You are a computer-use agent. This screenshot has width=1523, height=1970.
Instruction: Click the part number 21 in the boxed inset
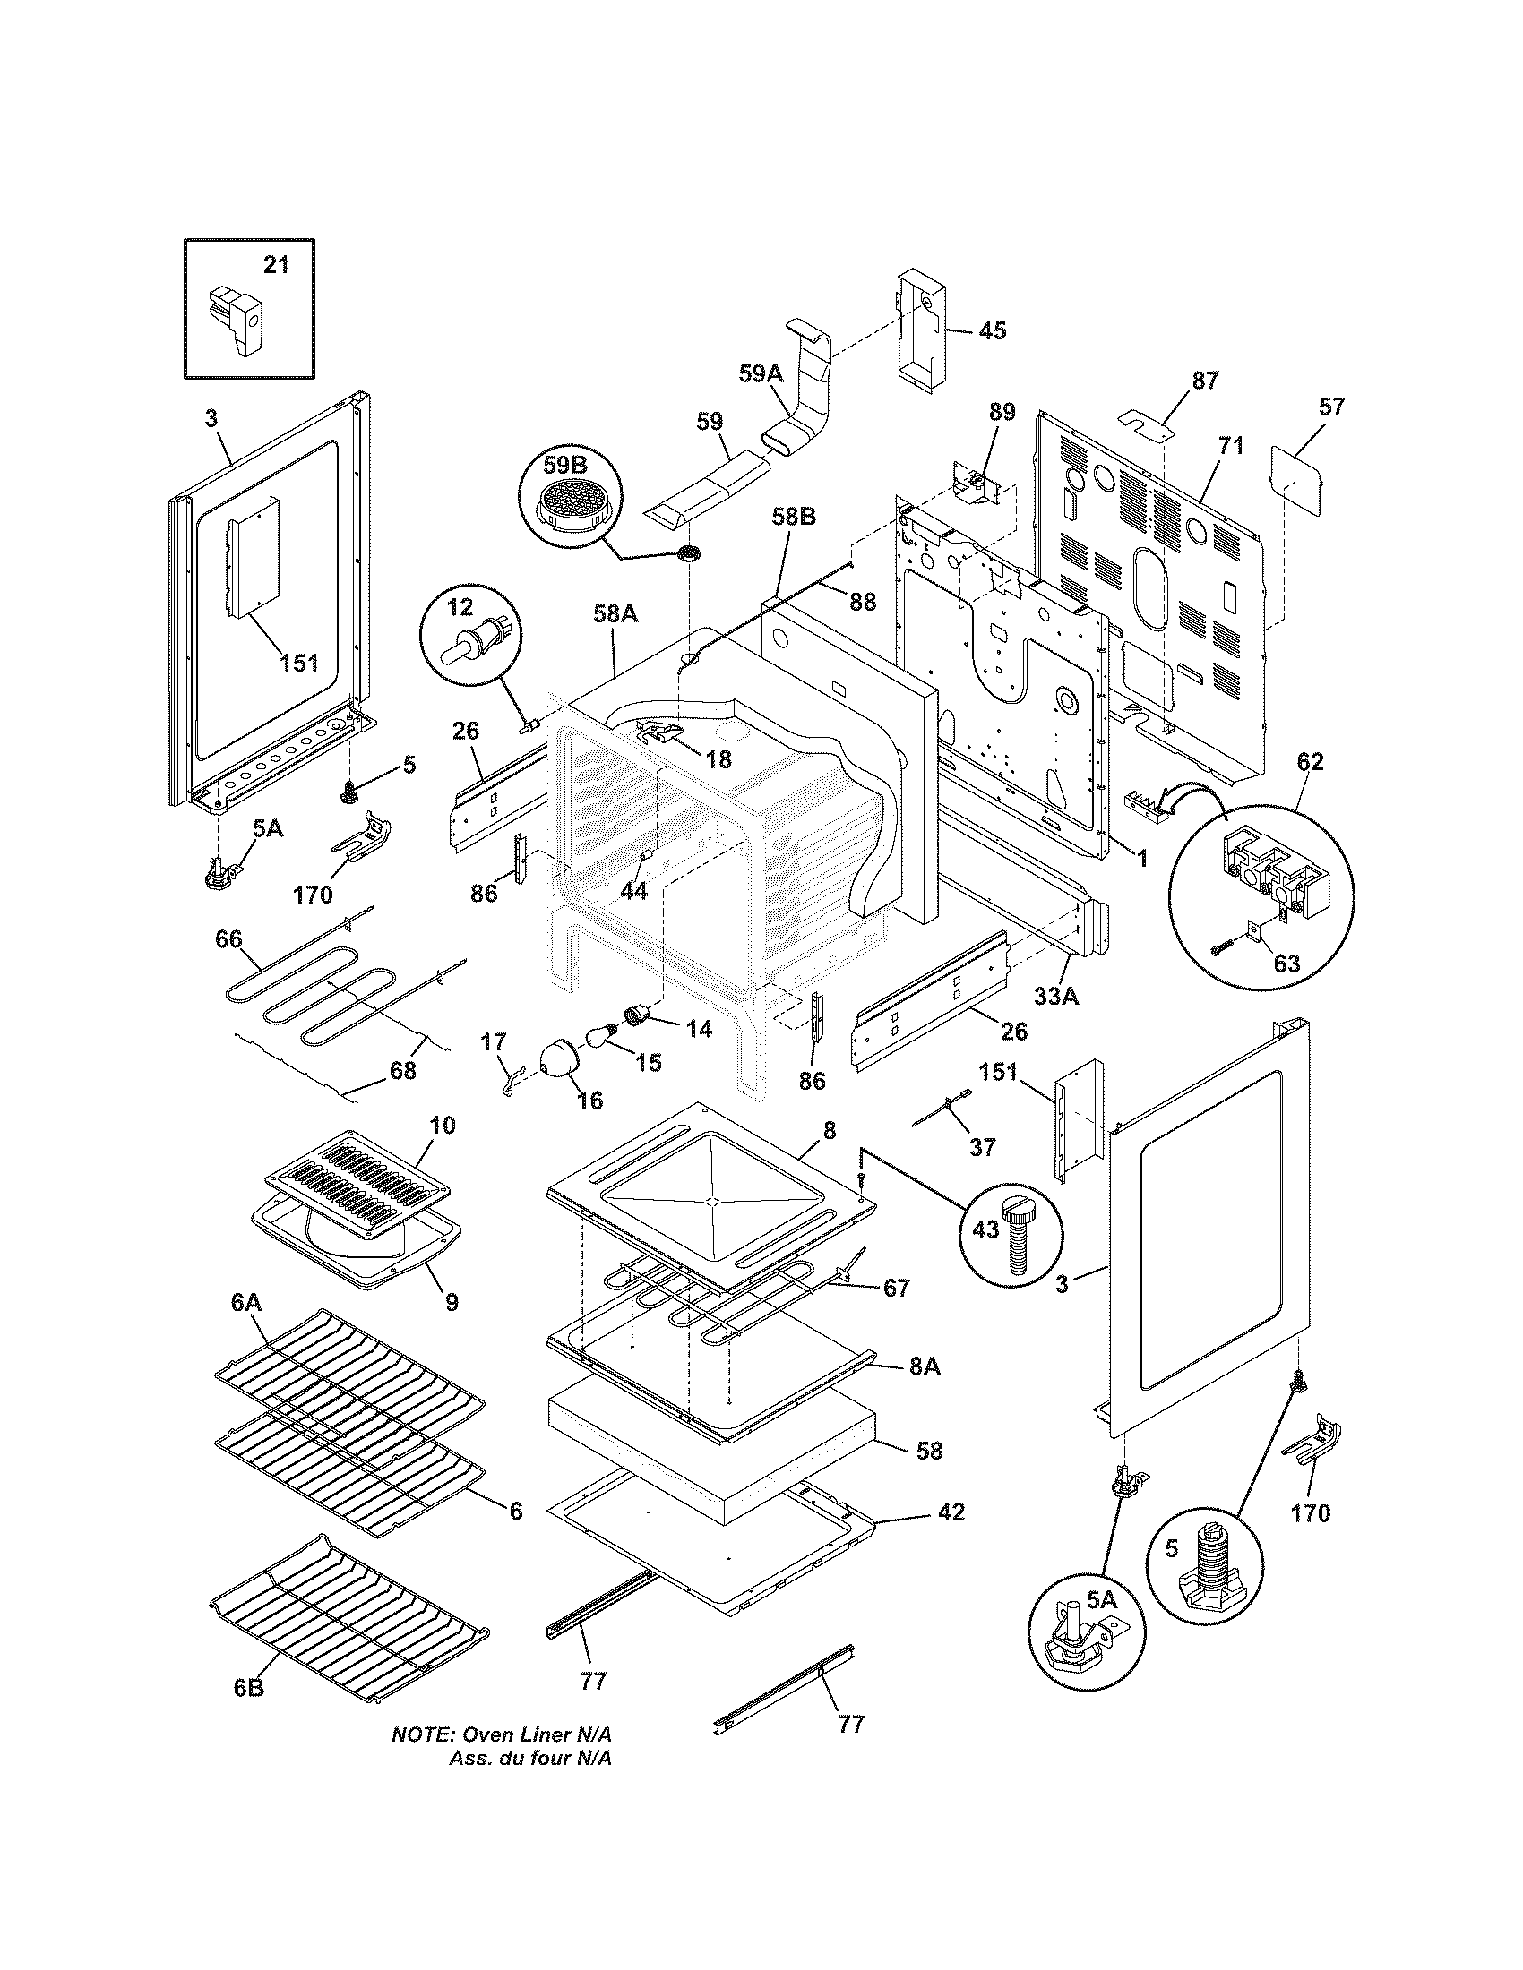(x=277, y=265)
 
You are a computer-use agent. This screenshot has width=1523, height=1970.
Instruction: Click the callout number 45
(x=992, y=331)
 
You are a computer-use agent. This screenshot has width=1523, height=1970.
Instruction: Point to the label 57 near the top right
(x=1330, y=407)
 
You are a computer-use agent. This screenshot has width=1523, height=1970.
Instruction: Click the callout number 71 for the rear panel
(x=1232, y=445)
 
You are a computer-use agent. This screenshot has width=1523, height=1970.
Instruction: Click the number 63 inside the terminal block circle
(x=1286, y=964)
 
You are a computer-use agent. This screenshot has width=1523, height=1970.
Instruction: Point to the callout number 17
(x=493, y=1041)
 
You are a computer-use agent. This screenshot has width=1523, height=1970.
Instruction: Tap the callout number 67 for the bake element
(x=896, y=1288)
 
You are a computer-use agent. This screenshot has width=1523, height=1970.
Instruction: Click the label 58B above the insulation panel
(x=794, y=517)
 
